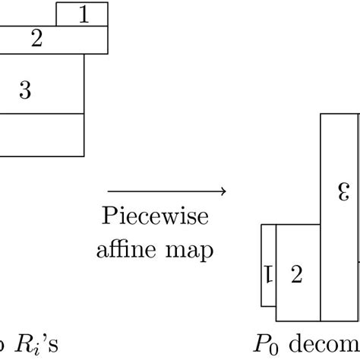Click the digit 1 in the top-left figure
pos(84,14)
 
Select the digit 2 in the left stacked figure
pos(36,39)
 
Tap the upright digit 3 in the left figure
pos(25,91)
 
